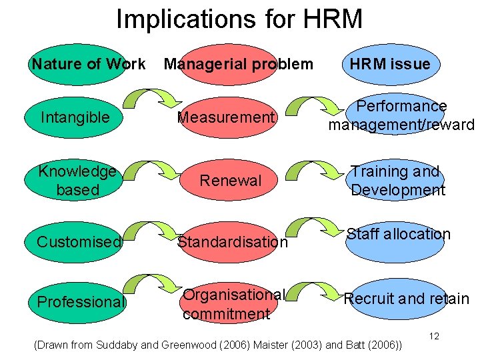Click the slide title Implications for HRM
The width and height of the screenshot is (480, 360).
(x=239, y=19)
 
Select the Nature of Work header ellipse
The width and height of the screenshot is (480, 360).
(x=79, y=65)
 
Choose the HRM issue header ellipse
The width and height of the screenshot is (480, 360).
(x=391, y=65)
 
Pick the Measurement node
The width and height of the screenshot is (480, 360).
(x=227, y=118)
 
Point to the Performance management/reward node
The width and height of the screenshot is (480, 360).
(x=401, y=115)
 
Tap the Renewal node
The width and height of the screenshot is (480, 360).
(x=231, y=180)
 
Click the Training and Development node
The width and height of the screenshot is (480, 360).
(x=397, y=180)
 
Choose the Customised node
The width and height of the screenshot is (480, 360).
(x=79, y=241)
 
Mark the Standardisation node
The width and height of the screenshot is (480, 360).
(x=232, y=241)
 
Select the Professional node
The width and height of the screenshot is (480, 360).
(x=80, y=302)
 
